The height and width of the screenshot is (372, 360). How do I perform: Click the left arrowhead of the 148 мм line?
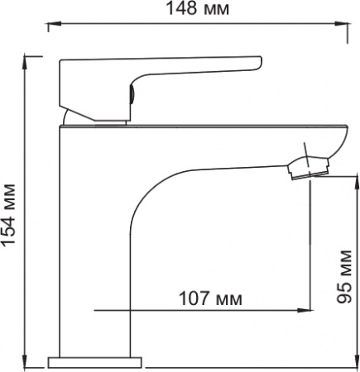[x=50, y=28]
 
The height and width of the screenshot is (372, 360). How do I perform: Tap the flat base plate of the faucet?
[x=95, y=361]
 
